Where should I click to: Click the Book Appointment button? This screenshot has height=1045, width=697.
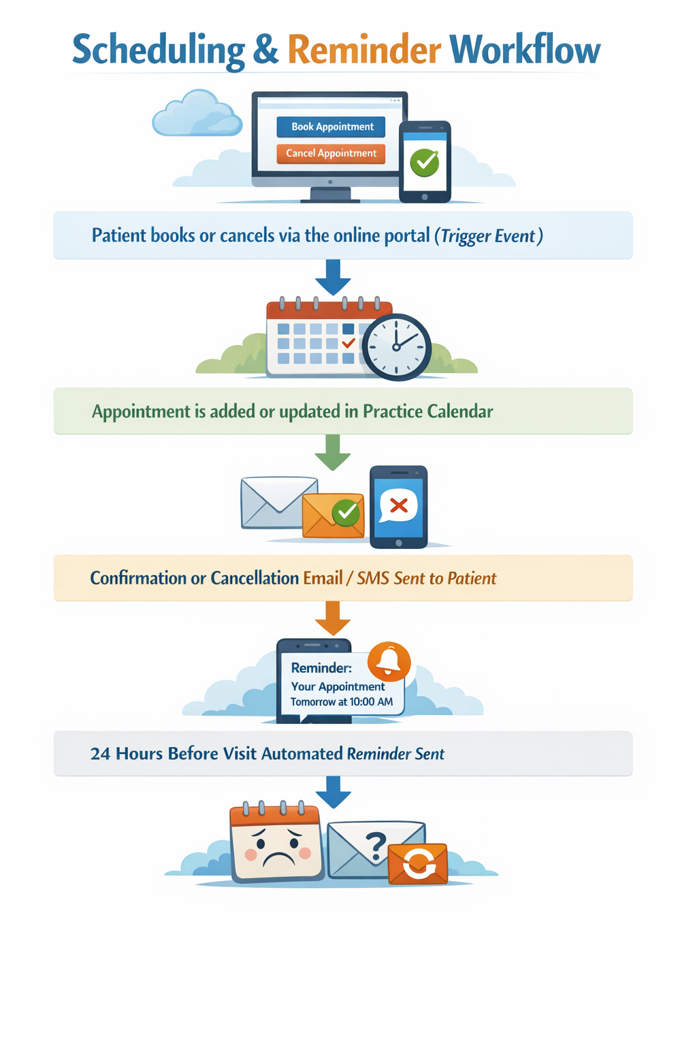tap(331, 127)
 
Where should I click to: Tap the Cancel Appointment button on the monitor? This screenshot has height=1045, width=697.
tap(331, 154)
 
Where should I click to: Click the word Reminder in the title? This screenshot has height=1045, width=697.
tap(364, 50)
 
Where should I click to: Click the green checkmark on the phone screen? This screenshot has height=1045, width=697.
tap(425, 162)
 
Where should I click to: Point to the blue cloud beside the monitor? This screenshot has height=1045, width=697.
tap(196, 114)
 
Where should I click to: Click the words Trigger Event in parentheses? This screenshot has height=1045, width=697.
tap(488, 236)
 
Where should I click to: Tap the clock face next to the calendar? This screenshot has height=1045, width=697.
tap(396, 347)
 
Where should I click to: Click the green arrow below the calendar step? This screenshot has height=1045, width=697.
tap(333, 452)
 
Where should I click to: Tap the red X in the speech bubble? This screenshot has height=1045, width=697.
tap(399, 505)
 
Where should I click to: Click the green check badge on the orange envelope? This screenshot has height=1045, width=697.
tap(346, 512)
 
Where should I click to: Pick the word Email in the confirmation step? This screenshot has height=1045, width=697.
tap(323, 578)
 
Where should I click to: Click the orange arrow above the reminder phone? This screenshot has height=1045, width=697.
tap(333, 617)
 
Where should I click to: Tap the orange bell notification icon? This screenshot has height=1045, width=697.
tap(389, 661)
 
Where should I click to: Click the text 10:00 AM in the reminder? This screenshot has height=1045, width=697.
tap(371, 702)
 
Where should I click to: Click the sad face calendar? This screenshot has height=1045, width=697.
tap(276, 844)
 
